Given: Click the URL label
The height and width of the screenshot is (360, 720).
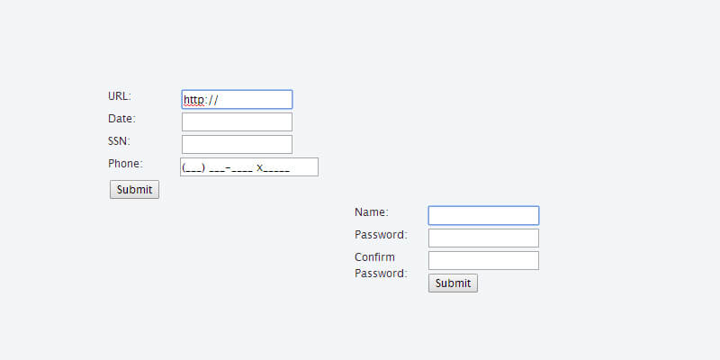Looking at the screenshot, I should [119, 96].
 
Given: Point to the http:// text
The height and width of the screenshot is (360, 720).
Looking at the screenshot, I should [200, 100].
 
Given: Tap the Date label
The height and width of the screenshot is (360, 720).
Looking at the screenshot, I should [121, 119].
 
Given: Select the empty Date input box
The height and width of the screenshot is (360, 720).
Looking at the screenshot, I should [237, 121].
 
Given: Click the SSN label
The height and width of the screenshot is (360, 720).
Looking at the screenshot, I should [119, 141].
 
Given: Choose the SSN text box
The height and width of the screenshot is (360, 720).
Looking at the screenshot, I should [237, 144].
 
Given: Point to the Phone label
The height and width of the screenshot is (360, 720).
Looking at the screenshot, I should [125, 164].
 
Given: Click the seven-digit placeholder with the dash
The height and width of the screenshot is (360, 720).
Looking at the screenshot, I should [230, 167].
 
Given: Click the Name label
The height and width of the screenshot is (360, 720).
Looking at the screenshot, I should [371, 212].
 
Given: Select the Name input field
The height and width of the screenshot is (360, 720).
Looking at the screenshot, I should [483, 215].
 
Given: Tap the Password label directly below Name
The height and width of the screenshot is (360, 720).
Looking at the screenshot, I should [381, 235].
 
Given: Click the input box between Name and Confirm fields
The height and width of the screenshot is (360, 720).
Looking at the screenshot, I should [483, 238].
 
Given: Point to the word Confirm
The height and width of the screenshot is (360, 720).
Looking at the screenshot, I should [374, 257].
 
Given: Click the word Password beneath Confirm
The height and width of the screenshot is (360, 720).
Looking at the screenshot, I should [381, 274].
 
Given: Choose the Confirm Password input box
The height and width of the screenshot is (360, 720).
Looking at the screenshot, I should [483, 260].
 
